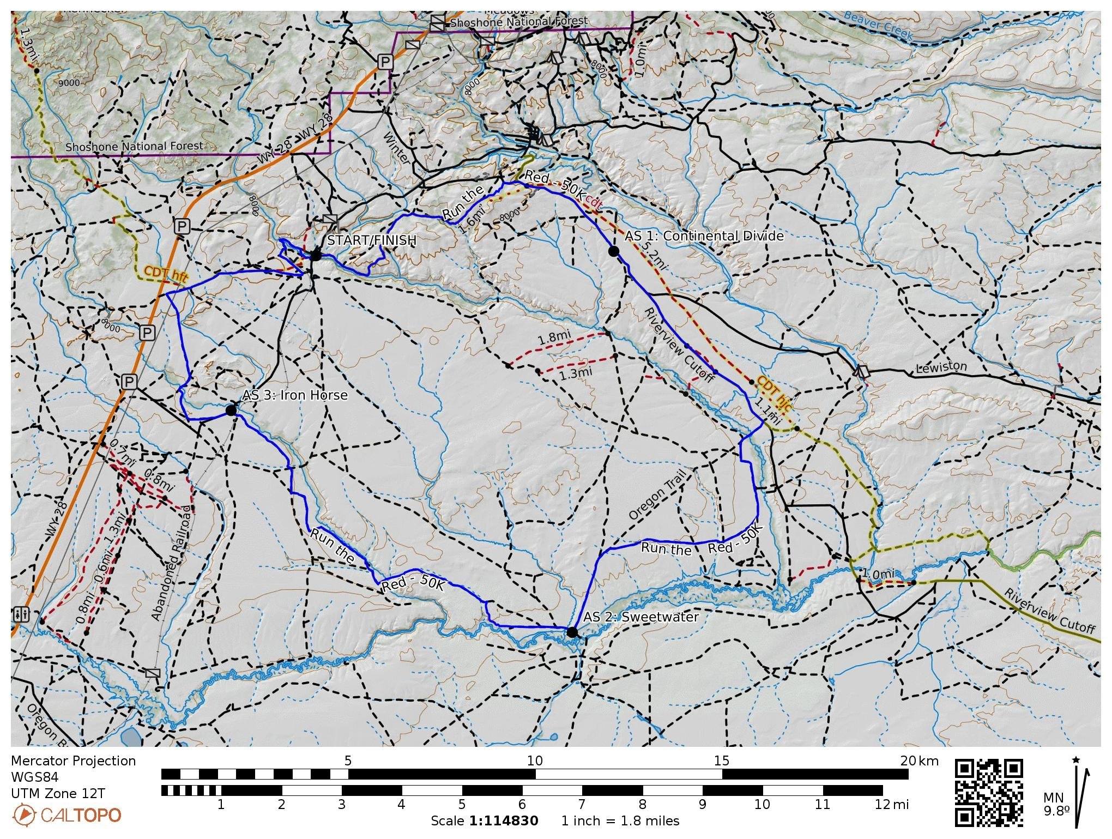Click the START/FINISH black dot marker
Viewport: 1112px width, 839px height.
(x=316, y=255)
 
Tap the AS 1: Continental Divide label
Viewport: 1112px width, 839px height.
(x=704, y=236)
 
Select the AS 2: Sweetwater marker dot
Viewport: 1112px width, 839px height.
(x=571, y=632)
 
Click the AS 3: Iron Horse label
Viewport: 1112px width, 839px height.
(x=295, y=395)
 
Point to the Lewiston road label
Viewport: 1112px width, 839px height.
(x=941, y=367)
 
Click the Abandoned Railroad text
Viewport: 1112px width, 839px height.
(x=172, y=563)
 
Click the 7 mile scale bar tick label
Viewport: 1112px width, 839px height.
(x=582, y=804)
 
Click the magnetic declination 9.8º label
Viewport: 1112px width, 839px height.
(x=1056, y=811)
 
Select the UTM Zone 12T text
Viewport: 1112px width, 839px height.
(x=58, y=793)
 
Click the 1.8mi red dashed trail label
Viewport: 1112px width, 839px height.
(x=554, y=337)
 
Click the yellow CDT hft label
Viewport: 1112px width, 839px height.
(x=166, y=274)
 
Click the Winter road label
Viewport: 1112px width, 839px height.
(x=397, y=148)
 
